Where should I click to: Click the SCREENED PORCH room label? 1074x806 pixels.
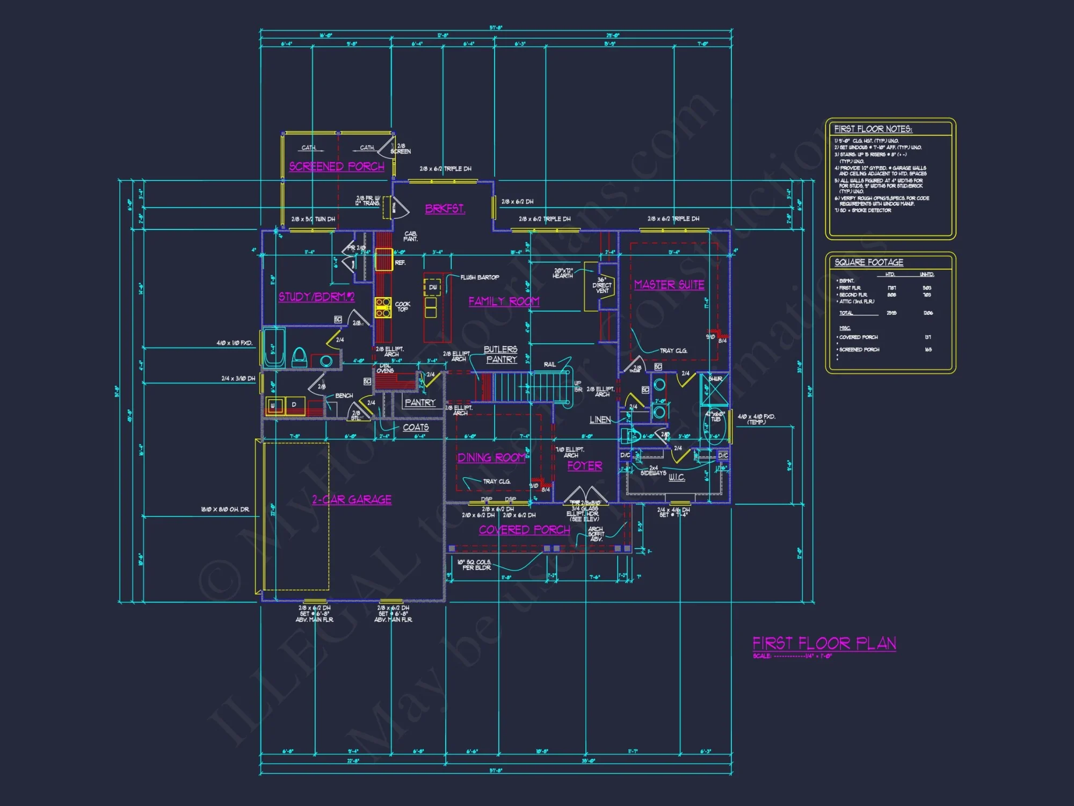coord(337,167)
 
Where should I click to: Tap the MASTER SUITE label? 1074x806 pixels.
coord(669,285)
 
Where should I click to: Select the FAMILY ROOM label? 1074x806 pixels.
coord(504,301)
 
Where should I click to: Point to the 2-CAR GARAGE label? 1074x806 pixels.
coord(352,500)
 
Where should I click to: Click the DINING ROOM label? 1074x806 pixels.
coord(491,458)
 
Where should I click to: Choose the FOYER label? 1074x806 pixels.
coord(585,466)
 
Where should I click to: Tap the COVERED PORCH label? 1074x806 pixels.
coord(524,530)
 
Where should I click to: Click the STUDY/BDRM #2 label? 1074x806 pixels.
coord(316,297)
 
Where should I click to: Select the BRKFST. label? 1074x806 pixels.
coord(445,208)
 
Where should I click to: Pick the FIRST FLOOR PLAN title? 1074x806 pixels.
coord(824,643)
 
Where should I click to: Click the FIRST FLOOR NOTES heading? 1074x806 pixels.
coord(873,129)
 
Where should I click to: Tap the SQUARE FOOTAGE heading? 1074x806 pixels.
coord(868,262)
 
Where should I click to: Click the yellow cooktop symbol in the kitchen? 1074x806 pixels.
coord(383,307)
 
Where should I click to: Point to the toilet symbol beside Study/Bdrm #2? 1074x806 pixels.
coord(299,357)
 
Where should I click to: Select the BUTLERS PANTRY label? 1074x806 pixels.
coord(500,355)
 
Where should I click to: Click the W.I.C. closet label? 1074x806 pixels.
coord(677,477)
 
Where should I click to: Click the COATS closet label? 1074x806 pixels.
coord(416,427)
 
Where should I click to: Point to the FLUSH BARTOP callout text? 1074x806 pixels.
coord(480,277)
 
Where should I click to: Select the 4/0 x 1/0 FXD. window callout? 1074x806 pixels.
coord(234,343)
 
